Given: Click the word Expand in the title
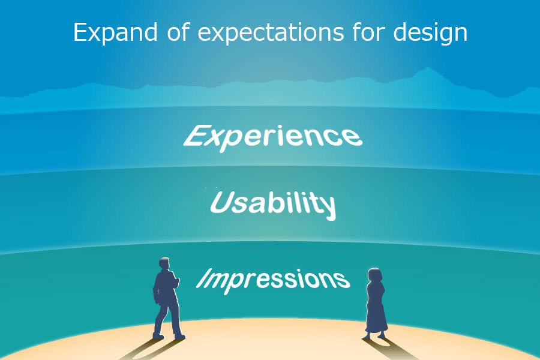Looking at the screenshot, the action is click(115, 32).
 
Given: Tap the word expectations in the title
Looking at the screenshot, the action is click(271, 34).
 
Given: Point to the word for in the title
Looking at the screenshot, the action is click(368, 32).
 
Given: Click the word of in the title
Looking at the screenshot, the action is click(178, 32).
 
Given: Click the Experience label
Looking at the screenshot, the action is click(273, 138).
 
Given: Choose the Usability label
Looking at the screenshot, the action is click(273, 204).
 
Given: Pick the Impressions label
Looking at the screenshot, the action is click(273, 281).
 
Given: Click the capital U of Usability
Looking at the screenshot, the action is click(221, 202).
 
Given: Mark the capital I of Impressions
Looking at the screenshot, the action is click(204, 278).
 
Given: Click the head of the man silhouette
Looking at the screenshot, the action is click(164, 264).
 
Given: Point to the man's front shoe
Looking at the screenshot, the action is click(179, 337).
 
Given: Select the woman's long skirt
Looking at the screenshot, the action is click(376, 313).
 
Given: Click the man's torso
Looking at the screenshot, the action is click(166, 287).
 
